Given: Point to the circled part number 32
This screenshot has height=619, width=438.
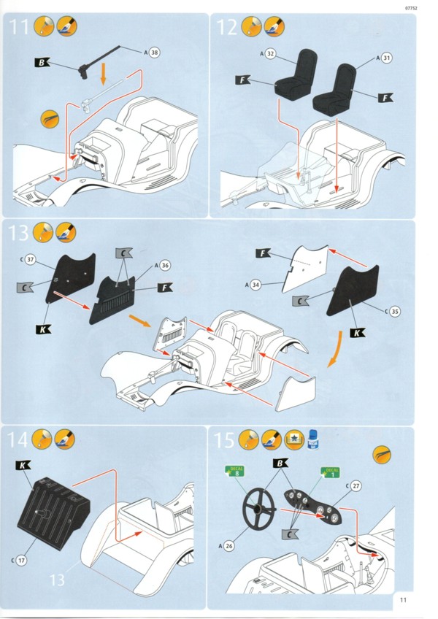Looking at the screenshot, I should (271, 53).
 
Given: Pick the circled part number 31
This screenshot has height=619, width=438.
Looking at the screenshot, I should (387, 57).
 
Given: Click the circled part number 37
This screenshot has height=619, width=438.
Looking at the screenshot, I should (30, 258).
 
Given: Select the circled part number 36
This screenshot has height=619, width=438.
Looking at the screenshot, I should (165, 265).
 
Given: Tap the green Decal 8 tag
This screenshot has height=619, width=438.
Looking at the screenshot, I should (235, 472).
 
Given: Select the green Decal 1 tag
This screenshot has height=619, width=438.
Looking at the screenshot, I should (331, 472).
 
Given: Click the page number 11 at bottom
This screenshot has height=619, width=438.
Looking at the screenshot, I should (404, 600).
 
